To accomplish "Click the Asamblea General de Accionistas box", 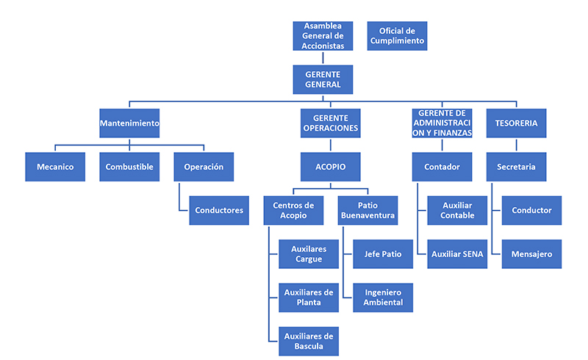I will point(323,35).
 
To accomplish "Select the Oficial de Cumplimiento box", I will point(397,35).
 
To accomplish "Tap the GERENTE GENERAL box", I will point(323,79).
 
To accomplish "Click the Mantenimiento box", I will point(129,123).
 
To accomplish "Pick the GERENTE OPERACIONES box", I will point(330,123).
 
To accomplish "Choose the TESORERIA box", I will point(516,123).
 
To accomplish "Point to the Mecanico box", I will point(55,167).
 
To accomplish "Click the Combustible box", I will point(129,167).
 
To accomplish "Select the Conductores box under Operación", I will point(219,210).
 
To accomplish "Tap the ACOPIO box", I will point(330,167).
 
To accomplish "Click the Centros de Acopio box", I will point(293,210).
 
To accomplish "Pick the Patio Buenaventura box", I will point(367,210).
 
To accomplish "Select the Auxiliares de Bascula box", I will point(309,342).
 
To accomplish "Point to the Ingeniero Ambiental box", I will point(383,298).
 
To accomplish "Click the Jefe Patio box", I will point(383,254).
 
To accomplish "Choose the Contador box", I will point(442,167).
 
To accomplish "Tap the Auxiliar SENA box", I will point(457,254).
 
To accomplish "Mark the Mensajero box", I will point(531,254).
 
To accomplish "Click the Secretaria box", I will point(516,167).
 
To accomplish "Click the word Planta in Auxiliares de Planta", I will point(309,303).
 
